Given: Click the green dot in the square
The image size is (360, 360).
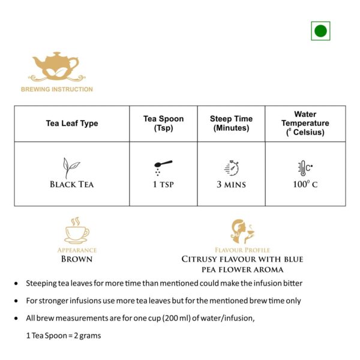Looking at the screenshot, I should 320,31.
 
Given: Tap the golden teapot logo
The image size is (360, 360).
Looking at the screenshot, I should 56,67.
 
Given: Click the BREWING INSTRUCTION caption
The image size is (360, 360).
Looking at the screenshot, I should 57,89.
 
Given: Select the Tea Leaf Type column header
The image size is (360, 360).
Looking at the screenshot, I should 72,124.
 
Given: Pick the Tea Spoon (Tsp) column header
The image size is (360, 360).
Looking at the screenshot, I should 163,124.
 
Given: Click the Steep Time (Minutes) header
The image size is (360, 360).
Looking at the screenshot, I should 231,124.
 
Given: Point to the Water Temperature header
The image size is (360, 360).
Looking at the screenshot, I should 305,124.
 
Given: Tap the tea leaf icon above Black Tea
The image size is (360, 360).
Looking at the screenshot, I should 72,167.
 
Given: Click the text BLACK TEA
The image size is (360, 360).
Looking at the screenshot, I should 72,185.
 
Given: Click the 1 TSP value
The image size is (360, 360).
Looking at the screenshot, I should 163,185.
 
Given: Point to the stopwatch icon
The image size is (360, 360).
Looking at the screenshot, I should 232,167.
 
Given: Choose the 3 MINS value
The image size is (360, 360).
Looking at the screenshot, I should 231,185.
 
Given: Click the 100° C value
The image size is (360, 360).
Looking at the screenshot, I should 305,184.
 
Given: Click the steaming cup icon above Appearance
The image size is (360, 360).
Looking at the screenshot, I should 76,230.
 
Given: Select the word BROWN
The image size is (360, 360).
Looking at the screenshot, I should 77,259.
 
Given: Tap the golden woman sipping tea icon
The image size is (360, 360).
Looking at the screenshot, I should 242,232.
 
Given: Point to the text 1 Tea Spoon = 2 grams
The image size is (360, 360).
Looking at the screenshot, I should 64,335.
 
